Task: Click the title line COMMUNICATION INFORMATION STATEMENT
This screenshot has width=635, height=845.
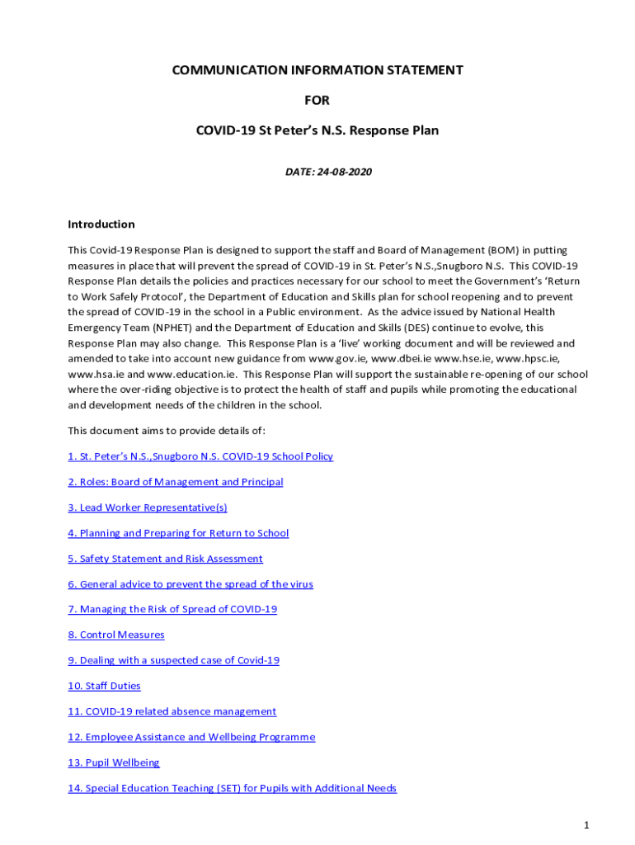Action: (317, 71)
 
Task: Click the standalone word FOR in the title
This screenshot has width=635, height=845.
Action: (317, 101)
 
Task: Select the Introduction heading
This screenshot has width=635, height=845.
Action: (101, 224)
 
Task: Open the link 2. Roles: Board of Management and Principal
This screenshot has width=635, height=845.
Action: (175, 482)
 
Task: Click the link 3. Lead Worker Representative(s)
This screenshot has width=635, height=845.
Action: (147, 507)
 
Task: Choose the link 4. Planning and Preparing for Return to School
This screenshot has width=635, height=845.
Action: (178, 533)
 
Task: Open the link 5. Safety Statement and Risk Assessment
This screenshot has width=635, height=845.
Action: (165, 559)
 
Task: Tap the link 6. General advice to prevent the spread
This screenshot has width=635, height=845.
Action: (190, 584)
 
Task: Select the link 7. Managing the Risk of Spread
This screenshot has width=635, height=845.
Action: (172, 609)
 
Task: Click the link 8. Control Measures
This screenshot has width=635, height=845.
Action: (116, 635)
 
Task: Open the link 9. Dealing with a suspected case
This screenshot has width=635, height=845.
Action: (173, 660)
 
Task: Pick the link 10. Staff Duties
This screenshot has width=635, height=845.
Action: (104, 686)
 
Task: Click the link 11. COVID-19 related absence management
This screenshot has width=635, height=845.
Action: (172, 711)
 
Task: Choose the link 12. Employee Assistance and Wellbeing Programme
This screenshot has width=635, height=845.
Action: (191, 737)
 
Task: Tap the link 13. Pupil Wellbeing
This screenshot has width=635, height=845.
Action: (114, 762)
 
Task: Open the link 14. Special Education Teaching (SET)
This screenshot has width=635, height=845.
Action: (232, 788)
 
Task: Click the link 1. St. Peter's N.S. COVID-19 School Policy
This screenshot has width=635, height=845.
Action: (200, 456)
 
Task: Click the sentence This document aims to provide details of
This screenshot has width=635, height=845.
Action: (167, 431)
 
